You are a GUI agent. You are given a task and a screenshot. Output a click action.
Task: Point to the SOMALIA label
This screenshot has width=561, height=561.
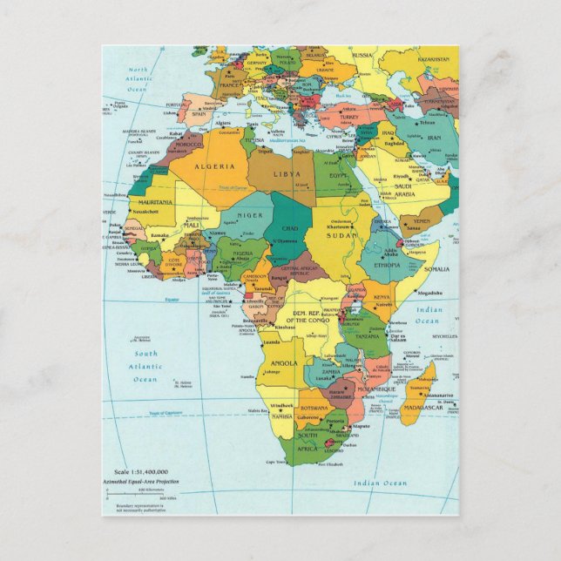click(x=437, y=269)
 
